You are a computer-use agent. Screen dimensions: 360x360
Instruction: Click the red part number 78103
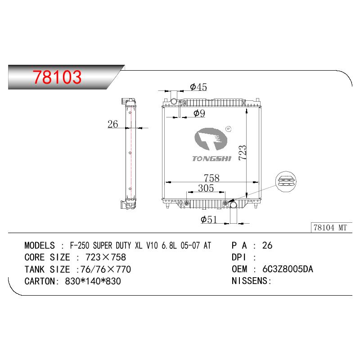click(57, 77)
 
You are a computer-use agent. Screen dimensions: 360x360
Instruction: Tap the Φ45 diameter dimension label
click(198, 87)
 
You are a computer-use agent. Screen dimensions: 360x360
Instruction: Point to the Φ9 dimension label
click(199, 113)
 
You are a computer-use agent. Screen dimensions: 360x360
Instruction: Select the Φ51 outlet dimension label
click(209, 220)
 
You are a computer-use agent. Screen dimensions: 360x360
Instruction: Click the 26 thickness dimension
click(113, 124)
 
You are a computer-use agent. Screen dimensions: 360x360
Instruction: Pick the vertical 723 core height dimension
click(243, 153)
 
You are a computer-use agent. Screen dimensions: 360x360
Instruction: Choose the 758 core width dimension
click(211, 178)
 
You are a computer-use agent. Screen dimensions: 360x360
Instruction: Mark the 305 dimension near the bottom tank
click(206, 188)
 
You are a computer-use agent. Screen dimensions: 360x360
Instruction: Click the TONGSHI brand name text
click(211, 159)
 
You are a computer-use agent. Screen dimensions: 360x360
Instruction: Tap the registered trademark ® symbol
click(229, 129)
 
